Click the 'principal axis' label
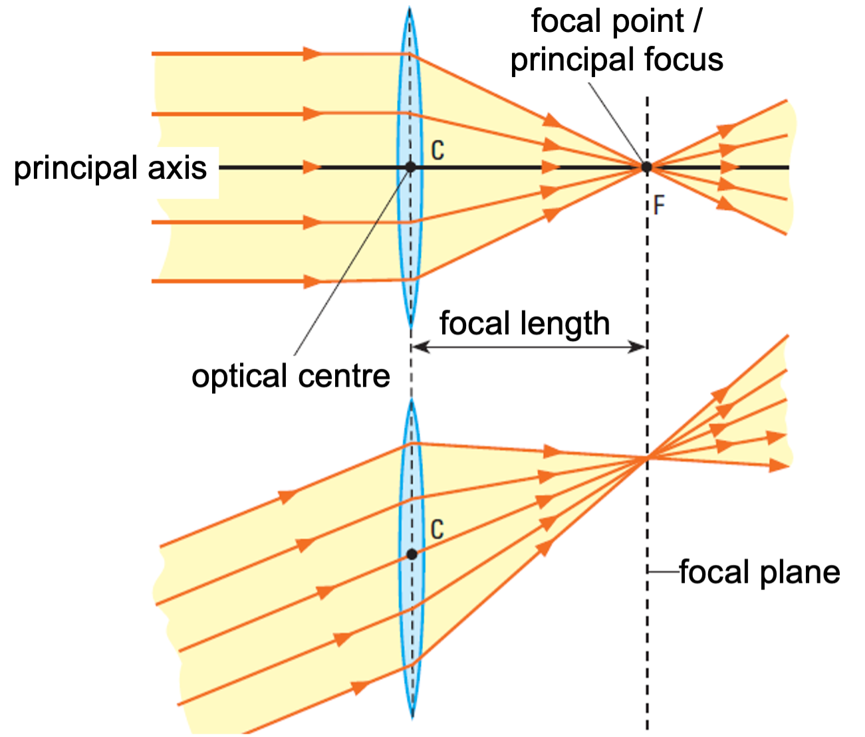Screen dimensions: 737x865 (110, 168)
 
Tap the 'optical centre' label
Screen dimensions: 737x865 (291, 376)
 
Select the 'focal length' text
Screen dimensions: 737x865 (525, 324)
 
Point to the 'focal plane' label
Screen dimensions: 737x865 (759, 572)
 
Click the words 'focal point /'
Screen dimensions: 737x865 (616, 21)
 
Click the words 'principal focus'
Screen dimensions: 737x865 (616, 59)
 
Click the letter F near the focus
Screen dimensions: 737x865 (659, 205)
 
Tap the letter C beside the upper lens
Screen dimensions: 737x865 (437, 151)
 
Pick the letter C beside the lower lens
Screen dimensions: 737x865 (437, 530)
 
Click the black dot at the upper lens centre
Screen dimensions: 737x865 (410, 167)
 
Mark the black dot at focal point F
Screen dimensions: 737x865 (646, 167)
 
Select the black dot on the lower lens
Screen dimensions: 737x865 (412, 554)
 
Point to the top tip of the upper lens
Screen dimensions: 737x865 (410, 9)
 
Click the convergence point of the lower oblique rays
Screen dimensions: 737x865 (647, 457)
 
